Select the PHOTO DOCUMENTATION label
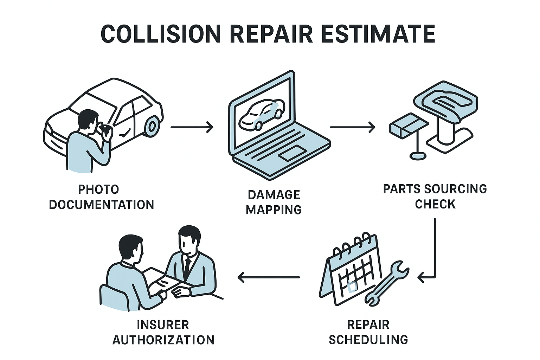(101, 197)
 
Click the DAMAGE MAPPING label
(274, 202)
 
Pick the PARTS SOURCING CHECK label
(435, 196)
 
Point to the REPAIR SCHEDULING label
(368, 332)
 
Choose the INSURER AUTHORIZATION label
(163, 332)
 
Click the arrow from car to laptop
(192, 127)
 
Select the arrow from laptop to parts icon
(352, 127)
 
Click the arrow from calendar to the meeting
(269, 277)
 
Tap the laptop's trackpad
(292, 154)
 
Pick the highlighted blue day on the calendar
(352, 287)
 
